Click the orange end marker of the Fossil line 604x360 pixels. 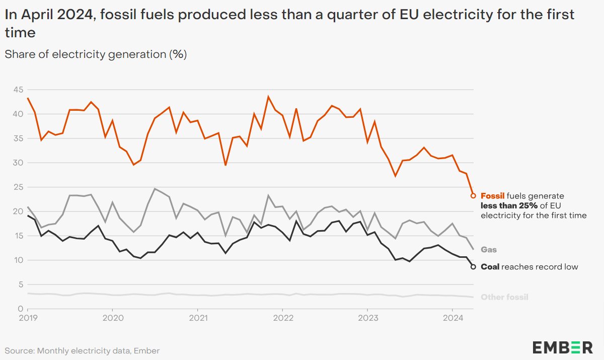pyautogui.click(x=473, y=195)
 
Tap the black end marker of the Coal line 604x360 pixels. pyautogui.click(x=473, y=267)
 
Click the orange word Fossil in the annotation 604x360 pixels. pyautogui.click(x=493, y=196)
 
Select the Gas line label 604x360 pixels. pyautogui.click(x=489, y=249)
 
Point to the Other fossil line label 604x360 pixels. pyautogui.click(x=504, y=297)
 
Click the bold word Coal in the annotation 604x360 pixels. pyautogui.click(x=490, y=267)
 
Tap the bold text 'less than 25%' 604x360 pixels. pyautogui.click(x=506, y=205)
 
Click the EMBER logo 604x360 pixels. pyautogui.click(x=563, y=347)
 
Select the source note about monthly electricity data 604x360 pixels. pyautogui.click(x=82, y=350)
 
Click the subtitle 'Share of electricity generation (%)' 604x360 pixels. pyautogui.click(x=96, y=54)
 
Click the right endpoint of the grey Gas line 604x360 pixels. pyautogui.click(x=473, y=249)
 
